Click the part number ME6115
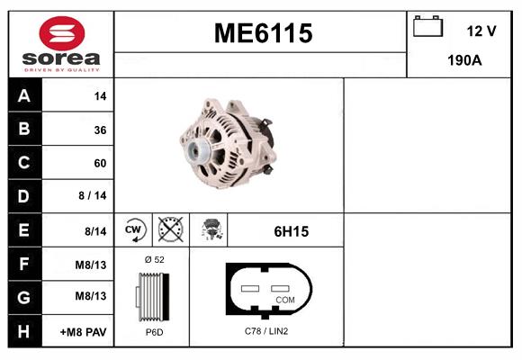[262, 33]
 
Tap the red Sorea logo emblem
[61, 35]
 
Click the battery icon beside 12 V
[427, 26]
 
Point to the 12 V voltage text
[481, 31]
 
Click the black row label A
[24, 96]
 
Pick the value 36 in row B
[99, 130]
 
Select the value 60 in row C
[99, 164]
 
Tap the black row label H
[24, 331]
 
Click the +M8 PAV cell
[84, 332]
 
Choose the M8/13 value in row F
[90, 265]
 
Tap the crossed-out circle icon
[170, 230]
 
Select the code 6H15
[291, 231]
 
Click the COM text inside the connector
[284, 299]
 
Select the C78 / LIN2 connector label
[266, 331]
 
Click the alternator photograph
[228, 144]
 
